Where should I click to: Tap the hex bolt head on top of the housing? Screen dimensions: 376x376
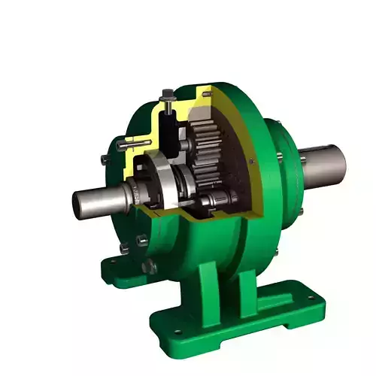click(x=167, y=96)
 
